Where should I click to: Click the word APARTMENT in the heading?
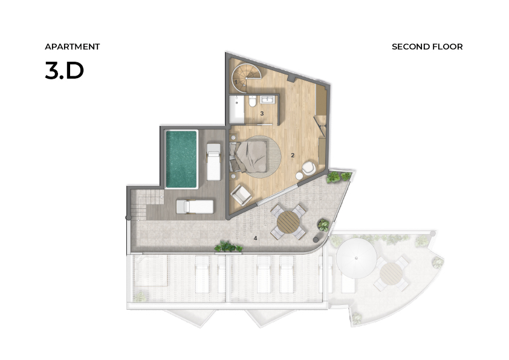click(x=72, y=47)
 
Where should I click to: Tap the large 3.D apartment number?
click(x=64, y=71)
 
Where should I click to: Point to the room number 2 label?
click(x=293, y=155)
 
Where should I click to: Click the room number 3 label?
click(x=262, y=114)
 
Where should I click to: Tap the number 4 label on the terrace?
click(x=256, y=238)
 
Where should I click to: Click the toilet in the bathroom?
click(x=252, y=102)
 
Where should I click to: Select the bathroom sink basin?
click(x=268, y=99)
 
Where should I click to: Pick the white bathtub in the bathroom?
click(x=236, y=109)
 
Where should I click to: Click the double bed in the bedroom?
click(x=248, y=157)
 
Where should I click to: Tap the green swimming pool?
click(x=181, y=159)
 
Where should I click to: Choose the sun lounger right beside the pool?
click(x=213, y=162)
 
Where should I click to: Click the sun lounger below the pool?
click(x=195, y=207)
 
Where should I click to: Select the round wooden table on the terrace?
click(x=288, y=222)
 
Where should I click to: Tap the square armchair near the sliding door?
click(x=241, y=195)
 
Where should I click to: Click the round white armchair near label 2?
click(x=309, y=168)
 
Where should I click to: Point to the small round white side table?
click(x=299, y=176)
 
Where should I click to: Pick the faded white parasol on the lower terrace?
click(x=357, y=258)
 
